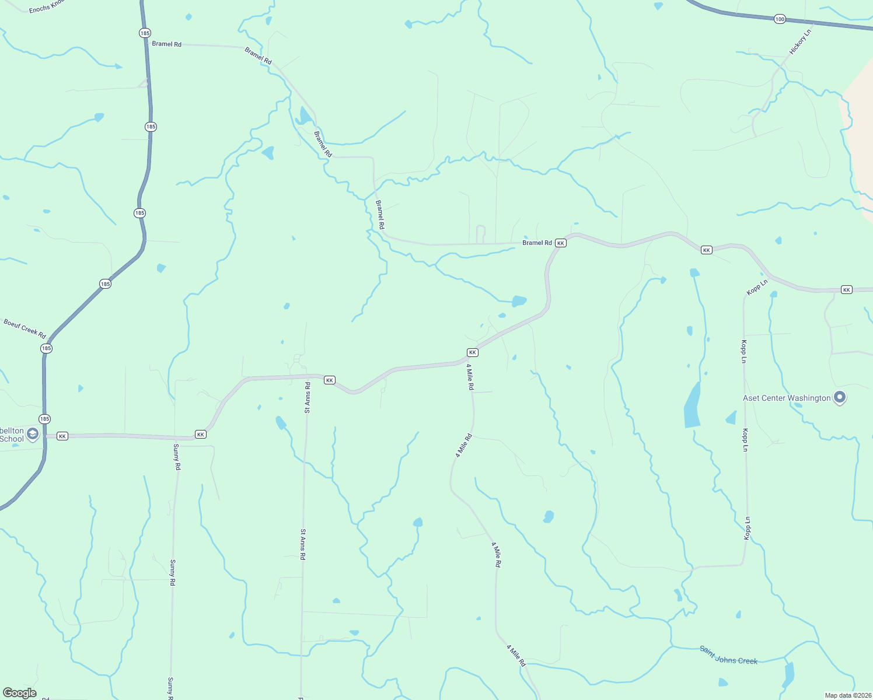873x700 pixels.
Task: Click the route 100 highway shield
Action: point(780,19)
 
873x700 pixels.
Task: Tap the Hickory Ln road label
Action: point(800,43)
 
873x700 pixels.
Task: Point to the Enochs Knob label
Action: point(46,7)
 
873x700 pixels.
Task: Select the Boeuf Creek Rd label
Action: point(25,328)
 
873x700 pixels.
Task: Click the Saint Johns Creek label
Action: point(728,656)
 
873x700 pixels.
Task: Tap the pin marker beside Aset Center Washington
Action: point(840,397)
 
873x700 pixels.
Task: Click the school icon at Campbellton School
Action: point(33,434)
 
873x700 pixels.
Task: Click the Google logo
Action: point(20,693)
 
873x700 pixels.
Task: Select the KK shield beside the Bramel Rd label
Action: point(560,243)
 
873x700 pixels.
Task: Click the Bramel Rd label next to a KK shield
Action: point(537,243)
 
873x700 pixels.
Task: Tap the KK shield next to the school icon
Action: point(62,436)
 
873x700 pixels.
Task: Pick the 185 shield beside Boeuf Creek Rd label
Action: point(46,348)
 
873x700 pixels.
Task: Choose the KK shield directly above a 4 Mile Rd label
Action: point(473,352)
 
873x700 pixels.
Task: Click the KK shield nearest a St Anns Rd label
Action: point(329,380)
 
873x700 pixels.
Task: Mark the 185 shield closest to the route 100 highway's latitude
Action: point(145,33)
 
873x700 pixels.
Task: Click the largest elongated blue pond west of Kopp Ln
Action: point(692,406)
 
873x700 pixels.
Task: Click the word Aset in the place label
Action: point(752,398)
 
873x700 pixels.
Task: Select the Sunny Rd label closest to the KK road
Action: point(176,457)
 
